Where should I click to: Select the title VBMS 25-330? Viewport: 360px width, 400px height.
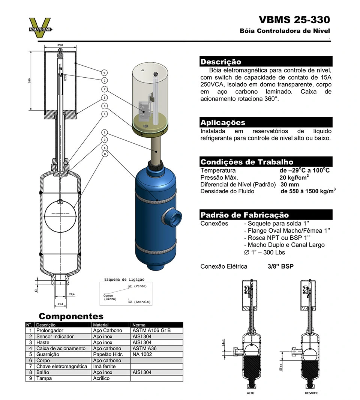(x=294, y=20)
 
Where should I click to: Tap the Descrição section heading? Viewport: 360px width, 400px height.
(x=221, y=62)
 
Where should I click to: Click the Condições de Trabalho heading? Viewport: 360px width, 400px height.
(x=247, y=162)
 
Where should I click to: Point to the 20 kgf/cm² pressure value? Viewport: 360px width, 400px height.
(x=294, y=177)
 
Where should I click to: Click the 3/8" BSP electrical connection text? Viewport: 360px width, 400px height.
(x=280, y=266)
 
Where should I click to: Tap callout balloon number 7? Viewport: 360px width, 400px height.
(x=105, y=89)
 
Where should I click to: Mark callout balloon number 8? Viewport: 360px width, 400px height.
(x=105, y=153)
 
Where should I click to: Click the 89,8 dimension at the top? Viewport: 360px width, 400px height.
(x=60, y=45)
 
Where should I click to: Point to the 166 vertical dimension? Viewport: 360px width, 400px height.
(x=29, y=81)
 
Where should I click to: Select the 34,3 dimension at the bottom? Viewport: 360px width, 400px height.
(x=60, y=304)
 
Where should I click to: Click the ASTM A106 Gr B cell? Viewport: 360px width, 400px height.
(x=151, y=331)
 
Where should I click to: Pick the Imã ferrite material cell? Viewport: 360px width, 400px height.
(x=105, y=366)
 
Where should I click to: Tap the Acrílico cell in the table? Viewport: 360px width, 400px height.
(x=101, y=378)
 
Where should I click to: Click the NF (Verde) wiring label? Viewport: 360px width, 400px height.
(x=137, y=286)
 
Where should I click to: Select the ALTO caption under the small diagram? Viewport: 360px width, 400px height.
(x=250, y=393)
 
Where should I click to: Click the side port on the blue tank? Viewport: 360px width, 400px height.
(x=173, y=218)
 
